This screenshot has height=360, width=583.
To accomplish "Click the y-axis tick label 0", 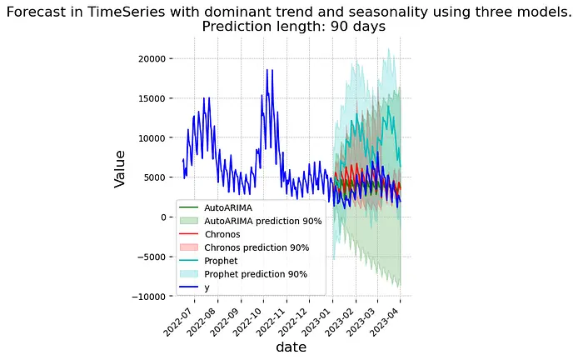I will pos(164,217).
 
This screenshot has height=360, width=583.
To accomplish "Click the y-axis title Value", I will pos(120,168).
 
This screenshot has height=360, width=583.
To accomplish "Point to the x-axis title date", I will pos(291,347).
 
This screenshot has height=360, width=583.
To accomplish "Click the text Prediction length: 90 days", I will pos(293,27).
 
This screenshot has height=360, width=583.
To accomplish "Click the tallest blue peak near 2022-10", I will pos(267,70).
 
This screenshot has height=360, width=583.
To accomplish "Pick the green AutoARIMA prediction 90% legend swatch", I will pos(191,221).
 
